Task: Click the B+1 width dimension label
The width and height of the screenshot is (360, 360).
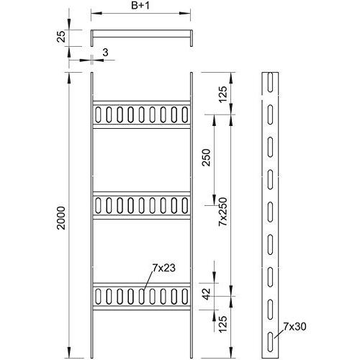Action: [x=140, y=6]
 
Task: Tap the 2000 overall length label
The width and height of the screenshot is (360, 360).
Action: [x=61, y=218]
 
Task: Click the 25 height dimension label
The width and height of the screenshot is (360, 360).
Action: [x=61, y=37]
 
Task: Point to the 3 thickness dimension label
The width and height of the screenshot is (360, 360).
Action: [x=105, y=53]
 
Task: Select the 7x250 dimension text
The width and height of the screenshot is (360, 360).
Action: [x=223, y=212]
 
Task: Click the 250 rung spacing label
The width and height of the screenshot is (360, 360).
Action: [x=206, y=158]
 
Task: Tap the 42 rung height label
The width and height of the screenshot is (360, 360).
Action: [x=206, y=294]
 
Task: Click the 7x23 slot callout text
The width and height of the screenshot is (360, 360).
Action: [x=164, y=268]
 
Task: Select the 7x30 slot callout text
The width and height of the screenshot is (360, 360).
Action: [x=294, y=326]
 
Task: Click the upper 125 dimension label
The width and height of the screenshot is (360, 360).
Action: [x=223, y=94]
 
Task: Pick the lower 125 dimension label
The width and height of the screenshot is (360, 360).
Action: [x=223, y=324]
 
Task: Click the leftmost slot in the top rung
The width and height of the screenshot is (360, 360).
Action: [x=98, y=114]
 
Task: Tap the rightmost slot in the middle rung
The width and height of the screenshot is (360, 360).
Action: [x=185, y=205]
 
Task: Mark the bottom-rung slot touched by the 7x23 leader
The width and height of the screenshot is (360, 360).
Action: [x=142, y=297]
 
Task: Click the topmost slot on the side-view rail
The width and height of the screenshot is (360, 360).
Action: [x=270, y=82]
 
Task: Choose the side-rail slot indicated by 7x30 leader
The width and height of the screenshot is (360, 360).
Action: [x=270, y=342]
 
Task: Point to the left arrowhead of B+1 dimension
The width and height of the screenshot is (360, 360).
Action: [x=96, y=13]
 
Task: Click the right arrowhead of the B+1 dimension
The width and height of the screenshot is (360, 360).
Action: [x=185, y=13]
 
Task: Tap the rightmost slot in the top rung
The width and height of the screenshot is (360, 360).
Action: [x=185, y=114]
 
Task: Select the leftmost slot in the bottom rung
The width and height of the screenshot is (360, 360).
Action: [x=98, y=297]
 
